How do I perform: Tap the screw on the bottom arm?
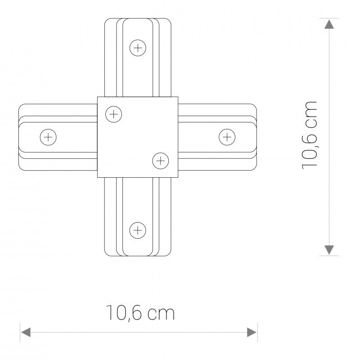[138, 230]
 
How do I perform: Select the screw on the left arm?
[47, 136]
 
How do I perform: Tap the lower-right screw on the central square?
[160, 160]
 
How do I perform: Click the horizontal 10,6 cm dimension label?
[139, 313]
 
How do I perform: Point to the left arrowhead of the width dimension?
[26, 333]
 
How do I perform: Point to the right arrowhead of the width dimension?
[252, 333]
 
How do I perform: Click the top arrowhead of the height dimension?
[330, 23]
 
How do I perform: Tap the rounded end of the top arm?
[138, 21]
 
